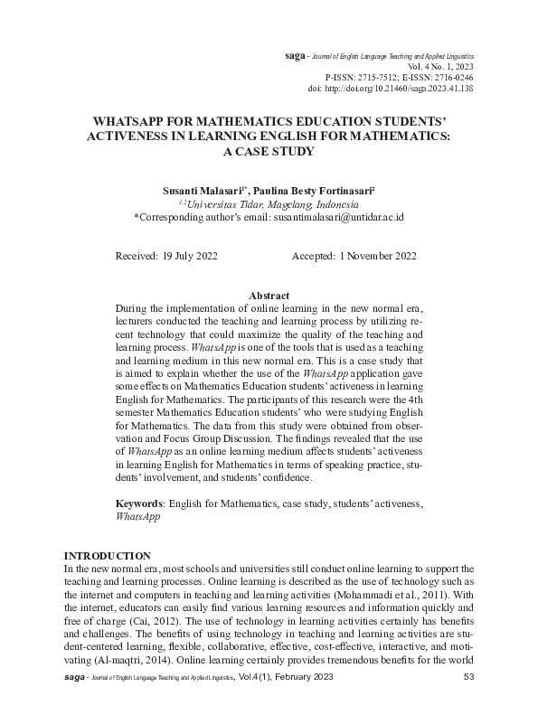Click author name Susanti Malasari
pyautogui.click(x=203, y=192)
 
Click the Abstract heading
pyautogui.click(x=269, y=296)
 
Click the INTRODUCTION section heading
pyautogui.click(x=107, y=555)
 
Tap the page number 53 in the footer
pyautogui.click(x=468, y=677)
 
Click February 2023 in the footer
pyautogui.click(x=299, y=677)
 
